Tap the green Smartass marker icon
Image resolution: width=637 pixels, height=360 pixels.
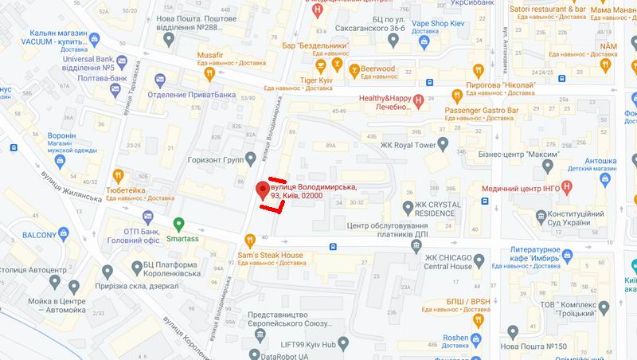(x=179, y=225)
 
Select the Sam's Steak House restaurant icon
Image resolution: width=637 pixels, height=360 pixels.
(x=250, y=239)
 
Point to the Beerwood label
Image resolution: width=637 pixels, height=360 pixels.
(x=377, y=69)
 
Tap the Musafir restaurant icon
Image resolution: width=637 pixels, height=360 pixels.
(x=209, y=74)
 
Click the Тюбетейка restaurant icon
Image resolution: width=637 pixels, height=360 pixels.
(x=118, y=175)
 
